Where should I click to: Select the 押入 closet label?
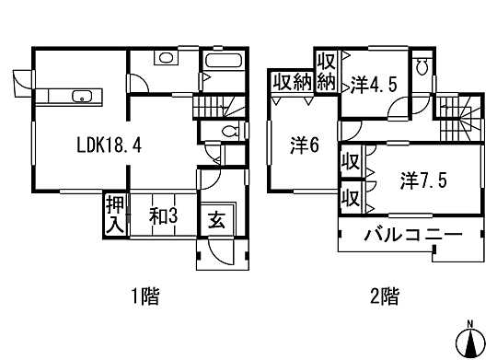click(113, 212)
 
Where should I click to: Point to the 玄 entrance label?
click(214, 220)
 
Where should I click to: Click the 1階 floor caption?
click(144, 296)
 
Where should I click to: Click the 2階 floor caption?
click(385, 296)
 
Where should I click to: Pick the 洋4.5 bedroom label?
click(373, 85)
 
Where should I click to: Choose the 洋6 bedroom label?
click(305, 145)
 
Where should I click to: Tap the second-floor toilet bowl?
click(421, 66)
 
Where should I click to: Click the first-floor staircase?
click(219, 106)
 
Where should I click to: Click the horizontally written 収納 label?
click(292, 82)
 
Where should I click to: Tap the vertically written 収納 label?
click(326, 72)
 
